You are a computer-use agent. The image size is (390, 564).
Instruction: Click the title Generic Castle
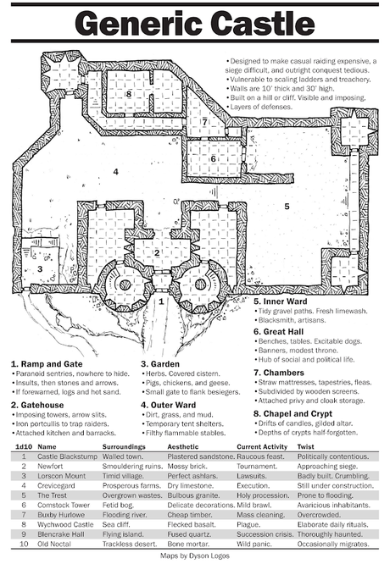(x=194, y=25)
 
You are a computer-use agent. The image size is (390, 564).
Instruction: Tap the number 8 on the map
(x=129, y=94)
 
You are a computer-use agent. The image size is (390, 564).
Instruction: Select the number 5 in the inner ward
(x=287, y=206)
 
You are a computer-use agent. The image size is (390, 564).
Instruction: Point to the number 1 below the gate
(x=161, y=301)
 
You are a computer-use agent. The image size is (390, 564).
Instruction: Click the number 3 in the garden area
(x=39, y=269)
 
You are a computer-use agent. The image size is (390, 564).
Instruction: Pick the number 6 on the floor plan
(x=214, y=158)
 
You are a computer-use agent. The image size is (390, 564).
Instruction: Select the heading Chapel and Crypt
(x=294, y=414)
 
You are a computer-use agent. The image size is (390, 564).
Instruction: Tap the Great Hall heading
(x=281, y=332)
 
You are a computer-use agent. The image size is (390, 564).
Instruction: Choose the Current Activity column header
(x=263, y=445)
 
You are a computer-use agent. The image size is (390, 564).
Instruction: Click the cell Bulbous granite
(x=193, y=493)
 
